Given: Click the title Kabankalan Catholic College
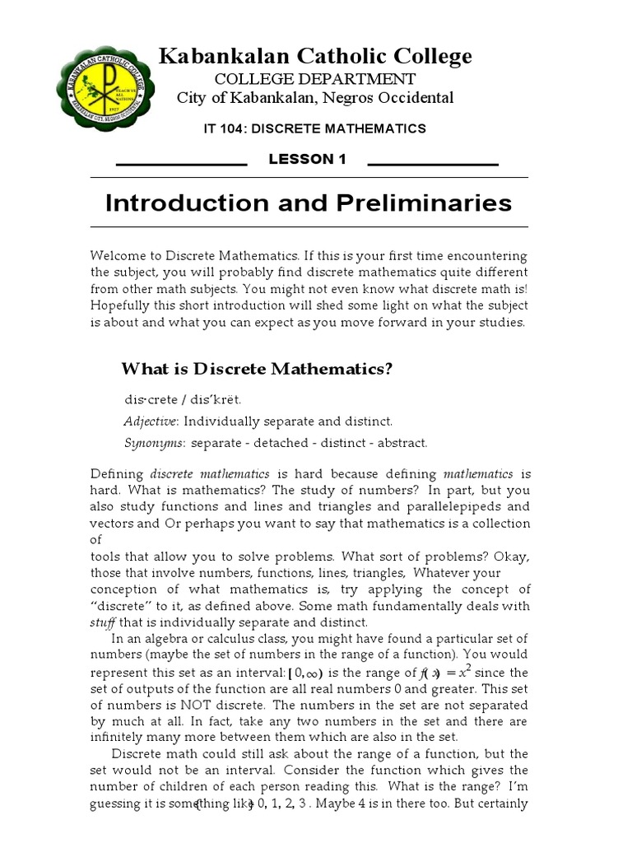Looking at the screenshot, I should point(315,56).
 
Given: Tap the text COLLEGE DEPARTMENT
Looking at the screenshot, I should point(315,79).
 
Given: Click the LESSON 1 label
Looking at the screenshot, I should point(308,160).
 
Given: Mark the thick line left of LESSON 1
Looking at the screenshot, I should point(182,165).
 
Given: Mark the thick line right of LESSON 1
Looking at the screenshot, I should point(433,165).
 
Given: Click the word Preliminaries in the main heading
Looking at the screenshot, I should point(418,203).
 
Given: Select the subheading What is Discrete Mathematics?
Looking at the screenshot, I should point(258,369).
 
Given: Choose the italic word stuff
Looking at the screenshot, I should point(102,622).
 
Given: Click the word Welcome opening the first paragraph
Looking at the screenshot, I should point(118,257).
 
